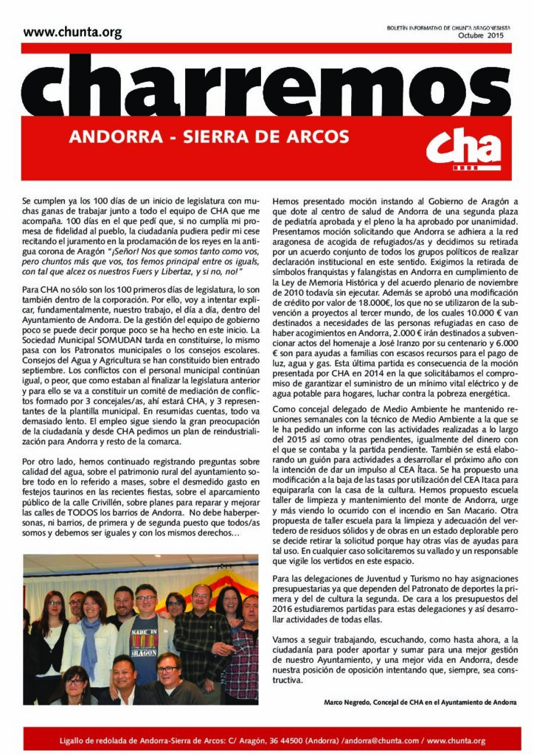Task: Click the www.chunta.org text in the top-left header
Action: [x=72, y=32]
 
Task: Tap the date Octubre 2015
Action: [x=480, y=36]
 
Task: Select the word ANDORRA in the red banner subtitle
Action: [x=124, y=137]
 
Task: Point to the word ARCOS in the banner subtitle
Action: [x=321, y=137]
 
